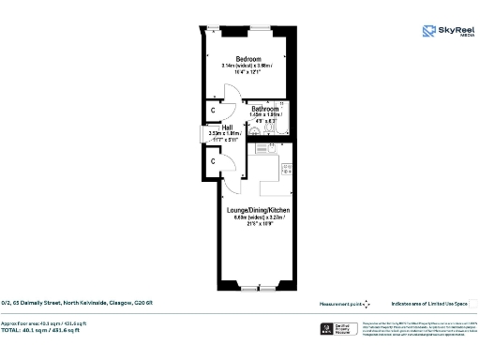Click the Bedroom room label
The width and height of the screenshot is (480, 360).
pos(247,57)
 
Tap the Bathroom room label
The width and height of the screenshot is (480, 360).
pos(263,107)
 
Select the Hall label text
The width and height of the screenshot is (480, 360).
pos(226,126)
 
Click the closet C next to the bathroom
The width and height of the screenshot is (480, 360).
pos(215,110)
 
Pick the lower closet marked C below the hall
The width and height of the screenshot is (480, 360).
pos(215,161)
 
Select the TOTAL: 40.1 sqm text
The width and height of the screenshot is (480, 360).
pos(47,330)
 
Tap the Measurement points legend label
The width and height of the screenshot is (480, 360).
pos(338,303)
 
